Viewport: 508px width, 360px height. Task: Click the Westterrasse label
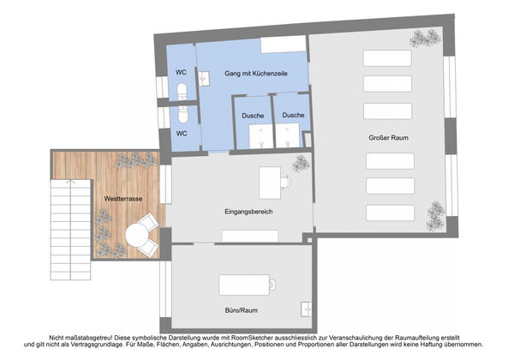[x=123, y=199]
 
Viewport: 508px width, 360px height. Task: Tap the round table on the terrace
[x=137, y=236]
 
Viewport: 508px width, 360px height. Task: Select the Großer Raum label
[x=388, y=138]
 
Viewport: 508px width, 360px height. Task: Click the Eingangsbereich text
[x=248, y=212]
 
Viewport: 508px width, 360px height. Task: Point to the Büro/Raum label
[x=242, y=310]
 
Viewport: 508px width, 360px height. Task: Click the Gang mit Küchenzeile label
[x=256, y=74]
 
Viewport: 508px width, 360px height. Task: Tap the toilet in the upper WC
[x=182, y=91]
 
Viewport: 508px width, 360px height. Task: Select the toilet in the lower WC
[x=182, y=115]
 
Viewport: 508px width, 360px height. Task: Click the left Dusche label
[x=253, y=116]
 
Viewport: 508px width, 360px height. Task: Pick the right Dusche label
[x=293, y=115]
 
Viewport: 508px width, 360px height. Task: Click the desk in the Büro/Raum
[x=244, y=285]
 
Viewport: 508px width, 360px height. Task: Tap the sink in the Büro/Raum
[x=306, y=309]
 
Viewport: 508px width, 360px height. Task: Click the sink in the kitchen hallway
[x=204, y=79]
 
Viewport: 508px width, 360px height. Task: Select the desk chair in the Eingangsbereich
[x=285, y=182]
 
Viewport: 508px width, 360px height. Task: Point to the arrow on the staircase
[x=70, y=182]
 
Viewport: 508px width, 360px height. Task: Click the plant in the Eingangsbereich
[x=301, y=164]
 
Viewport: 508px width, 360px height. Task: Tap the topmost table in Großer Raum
[x=387, y=58]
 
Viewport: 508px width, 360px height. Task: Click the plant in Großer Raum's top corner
[x=425, y=39]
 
